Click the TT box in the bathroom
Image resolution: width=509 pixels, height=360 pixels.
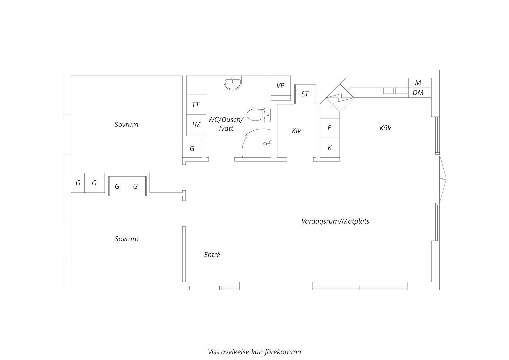196,104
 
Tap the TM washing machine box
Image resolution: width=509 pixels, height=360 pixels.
196,124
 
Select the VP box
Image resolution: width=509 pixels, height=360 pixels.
281,86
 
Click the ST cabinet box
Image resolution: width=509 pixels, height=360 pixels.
305,94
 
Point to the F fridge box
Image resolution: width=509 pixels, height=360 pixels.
330,128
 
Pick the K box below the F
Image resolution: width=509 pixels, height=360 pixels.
330,147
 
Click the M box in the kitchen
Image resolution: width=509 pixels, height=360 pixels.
418,83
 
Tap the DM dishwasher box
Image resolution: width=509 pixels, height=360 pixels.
418,93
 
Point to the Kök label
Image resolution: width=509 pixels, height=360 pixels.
385,128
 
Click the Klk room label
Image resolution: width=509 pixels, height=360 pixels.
297,131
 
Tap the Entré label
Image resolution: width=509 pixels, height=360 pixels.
212,255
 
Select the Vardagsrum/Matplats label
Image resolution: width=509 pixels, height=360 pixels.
335,221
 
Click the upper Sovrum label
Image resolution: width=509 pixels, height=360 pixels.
127,125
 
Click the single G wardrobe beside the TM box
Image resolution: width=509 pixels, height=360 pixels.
192,149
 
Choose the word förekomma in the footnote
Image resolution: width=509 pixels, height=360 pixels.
284,352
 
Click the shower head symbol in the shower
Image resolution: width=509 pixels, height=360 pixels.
268,143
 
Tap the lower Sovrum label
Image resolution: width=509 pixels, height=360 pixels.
127,239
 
